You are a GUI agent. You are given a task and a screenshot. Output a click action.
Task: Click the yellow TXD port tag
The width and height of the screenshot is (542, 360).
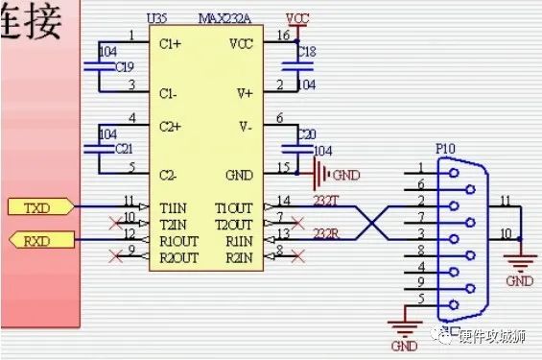point(35,205)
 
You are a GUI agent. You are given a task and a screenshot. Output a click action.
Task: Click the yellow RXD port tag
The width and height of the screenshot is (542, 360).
point(35,238)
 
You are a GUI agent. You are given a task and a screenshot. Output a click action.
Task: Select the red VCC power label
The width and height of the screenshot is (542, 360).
point(297,18)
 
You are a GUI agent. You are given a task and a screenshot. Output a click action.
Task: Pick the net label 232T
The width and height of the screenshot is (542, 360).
point(326,198)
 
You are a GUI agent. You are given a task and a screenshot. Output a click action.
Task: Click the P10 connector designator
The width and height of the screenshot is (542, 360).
point(445,150)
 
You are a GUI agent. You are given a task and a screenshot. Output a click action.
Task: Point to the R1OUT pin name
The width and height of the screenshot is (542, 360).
point(181,240)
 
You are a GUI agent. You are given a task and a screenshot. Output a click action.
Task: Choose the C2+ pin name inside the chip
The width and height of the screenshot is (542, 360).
point(171,126)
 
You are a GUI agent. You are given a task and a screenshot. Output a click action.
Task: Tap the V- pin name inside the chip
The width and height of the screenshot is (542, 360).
point(244,126)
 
